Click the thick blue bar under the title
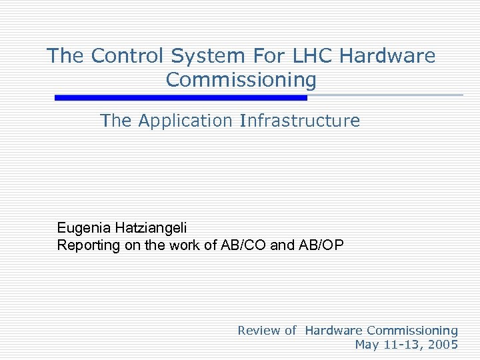(x=181, y=97)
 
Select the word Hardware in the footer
(x=333, y=330)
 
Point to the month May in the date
(x=367, y=345)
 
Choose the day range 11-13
(x=402, y=345)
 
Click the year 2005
(x=443, y=345)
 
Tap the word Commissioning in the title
(x=241, y=79)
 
